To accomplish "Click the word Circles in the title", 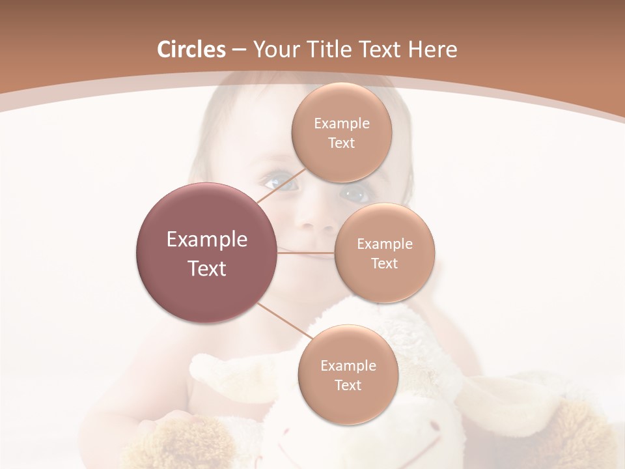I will point(191,50).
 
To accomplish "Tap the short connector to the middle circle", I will point(306,253).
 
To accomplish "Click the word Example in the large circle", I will point(206,240).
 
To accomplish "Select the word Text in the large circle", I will point(206,268).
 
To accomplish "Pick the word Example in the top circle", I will point(342,124).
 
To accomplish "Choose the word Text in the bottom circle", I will point(348,385).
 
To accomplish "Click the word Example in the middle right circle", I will point(384,244).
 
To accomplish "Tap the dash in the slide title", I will point(239,50).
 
